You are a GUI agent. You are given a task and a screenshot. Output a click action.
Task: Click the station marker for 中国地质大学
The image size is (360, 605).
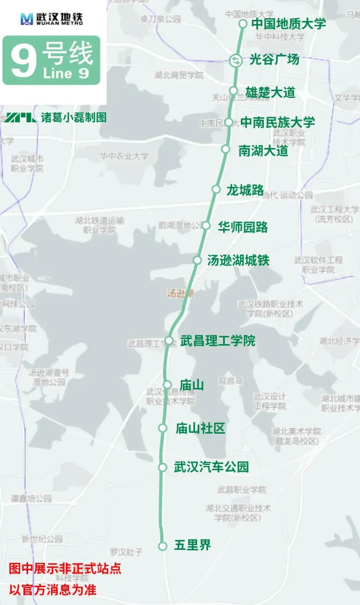(243, 24)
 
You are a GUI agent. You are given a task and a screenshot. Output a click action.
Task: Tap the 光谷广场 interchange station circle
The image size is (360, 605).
(236, 60)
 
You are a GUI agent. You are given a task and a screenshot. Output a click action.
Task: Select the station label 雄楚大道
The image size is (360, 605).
(270, 92)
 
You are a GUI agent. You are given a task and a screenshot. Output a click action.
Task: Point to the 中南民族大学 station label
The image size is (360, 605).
(277, 122)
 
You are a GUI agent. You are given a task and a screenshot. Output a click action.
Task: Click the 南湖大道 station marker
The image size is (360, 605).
(226, 149)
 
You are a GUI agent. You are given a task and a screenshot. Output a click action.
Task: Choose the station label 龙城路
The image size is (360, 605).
(245, 190)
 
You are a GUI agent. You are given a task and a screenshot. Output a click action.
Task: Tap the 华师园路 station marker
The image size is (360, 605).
(206, 226)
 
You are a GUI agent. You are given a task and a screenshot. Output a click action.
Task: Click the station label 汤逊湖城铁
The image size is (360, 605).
(238, 260)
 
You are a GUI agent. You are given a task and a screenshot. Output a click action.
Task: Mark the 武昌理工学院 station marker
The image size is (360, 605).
(169, 340)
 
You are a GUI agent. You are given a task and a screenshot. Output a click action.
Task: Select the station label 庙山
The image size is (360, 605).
(191, 385)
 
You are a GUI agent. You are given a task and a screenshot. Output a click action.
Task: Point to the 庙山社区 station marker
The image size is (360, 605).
(163, 428)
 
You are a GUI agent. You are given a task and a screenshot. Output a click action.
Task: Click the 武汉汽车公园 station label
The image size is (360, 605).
(211, 467)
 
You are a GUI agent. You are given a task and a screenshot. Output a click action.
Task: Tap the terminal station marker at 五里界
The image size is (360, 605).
(163, 546)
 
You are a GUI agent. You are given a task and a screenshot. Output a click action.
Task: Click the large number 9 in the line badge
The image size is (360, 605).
(22, 61)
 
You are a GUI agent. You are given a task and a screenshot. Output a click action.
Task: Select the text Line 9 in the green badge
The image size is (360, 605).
(65, 74)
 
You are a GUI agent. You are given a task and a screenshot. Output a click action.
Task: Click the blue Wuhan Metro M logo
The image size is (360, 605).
(26, 19)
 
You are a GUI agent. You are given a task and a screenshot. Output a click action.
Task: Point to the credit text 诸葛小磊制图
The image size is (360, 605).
(73, 118)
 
